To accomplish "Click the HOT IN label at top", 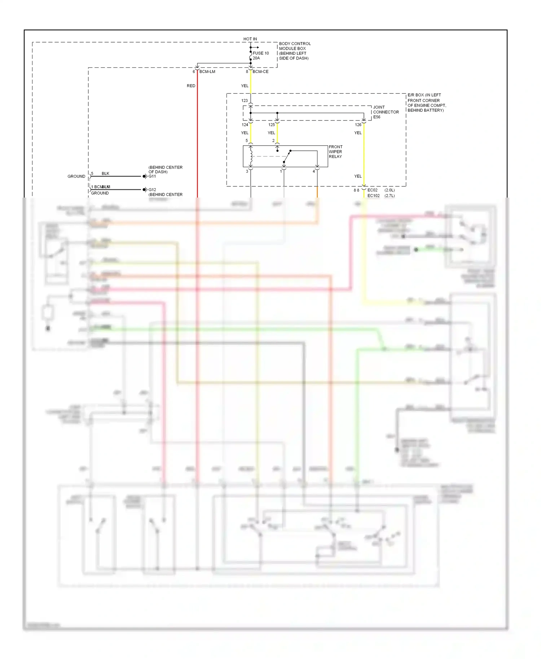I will [x=250, y=39].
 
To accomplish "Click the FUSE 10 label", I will [x=260, y=53].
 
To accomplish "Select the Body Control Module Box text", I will [x=294, y=51].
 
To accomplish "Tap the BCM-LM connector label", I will [x=207, y=72].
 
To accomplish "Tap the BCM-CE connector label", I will [x=260, y=72].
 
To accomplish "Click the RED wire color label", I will [x=191, y=86].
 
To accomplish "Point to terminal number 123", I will [x=245, y=101].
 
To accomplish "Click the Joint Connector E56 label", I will [x=386, y=112].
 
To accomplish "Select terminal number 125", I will [x=272, y=125].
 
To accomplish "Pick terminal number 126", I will [x=358, y=125].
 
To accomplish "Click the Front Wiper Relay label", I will [x=335, y=152].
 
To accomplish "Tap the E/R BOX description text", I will [x=426, y=103].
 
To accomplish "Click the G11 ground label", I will [x=152, y=176].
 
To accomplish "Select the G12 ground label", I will [x=152, y=190].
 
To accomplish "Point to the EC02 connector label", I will [x=372, y=190].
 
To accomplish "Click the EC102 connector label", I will [x=373, y=196].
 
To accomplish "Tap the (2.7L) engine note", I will [x=390, y=196].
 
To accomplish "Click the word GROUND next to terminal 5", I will [x=76, y=176].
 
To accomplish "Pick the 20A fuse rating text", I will [x=256, y=58].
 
